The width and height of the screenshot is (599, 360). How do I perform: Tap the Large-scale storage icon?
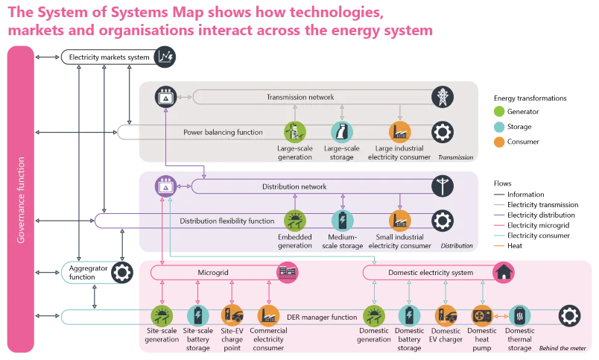click(341, 132)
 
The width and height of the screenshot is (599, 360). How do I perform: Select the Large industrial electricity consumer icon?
click(399, 132)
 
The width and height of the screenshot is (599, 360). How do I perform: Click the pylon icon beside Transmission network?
click(443, 97)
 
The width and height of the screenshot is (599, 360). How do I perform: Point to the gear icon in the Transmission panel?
click(443, 132)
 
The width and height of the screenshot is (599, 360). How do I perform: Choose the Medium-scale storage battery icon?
click(341, 220)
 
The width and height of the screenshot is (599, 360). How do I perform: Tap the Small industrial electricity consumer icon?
click(399, 220)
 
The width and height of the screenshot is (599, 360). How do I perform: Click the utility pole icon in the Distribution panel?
click(443, 186)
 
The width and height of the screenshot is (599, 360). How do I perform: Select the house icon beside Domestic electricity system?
click(504, 271)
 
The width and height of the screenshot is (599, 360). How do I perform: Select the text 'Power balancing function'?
click(223, 133)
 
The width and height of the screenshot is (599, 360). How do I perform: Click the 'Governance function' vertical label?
click(22, 200)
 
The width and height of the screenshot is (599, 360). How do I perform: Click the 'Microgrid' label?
click(213, 273)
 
